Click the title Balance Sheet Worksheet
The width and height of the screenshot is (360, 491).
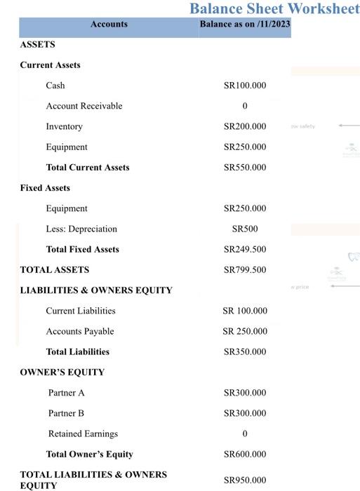point(274,8)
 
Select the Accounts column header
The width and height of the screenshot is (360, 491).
point(109,25)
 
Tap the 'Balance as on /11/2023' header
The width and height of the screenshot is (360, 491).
point(244,25)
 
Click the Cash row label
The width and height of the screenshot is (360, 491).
point(55,86)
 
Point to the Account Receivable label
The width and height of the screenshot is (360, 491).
point(84,106)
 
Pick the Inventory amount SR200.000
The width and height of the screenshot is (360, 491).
point(245,127)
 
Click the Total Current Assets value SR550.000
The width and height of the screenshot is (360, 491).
point(245,168)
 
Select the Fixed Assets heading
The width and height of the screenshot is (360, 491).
point(45,188)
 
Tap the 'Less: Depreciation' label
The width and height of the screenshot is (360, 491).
point(81,229)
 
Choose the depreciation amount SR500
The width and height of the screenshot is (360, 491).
point(245,229)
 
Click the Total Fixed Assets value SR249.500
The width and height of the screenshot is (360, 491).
point(245,250)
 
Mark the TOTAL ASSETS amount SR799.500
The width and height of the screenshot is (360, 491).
point(245,270)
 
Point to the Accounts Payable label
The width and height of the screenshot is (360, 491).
point(80,332)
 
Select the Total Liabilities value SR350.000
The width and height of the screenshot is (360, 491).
point(245,352)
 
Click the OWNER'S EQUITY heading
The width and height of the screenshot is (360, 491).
point(62,372)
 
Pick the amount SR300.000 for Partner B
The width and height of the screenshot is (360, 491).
point(245,414)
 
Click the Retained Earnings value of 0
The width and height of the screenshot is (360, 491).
point(245,434)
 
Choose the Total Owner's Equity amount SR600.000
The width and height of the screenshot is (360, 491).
point(245,455)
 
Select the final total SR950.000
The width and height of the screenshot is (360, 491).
point(245,480)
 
